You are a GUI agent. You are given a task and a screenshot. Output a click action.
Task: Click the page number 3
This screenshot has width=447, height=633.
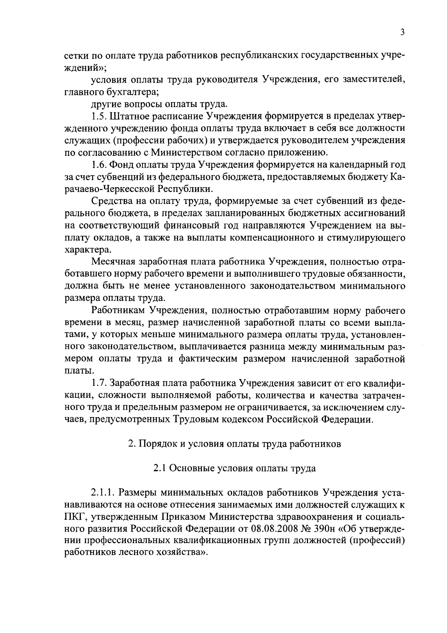402,32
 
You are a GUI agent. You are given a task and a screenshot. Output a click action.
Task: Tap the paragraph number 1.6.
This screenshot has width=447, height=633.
99,164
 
